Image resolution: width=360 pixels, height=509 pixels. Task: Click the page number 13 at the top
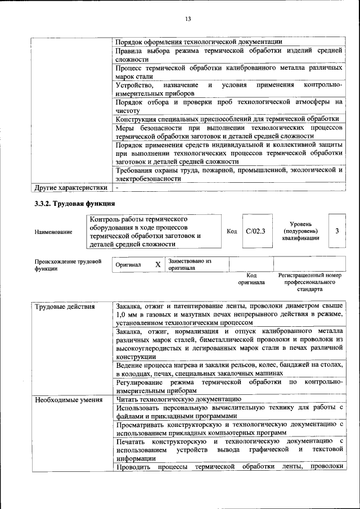pyautogui.click(x=188, y=19)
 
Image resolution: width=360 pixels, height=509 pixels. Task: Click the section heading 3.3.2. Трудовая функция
pyautogui.click(x=75, y=202)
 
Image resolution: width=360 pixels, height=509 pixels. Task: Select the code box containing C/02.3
pyautogui.click(x=255, y=231)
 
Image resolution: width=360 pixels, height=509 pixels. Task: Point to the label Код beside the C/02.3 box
pyautogui.click(x=232, y=231)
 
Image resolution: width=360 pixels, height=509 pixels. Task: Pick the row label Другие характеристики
pyautogui.click(x=70, y=187)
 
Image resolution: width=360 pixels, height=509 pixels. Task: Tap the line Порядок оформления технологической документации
pyautogui.click(x=199, y=42)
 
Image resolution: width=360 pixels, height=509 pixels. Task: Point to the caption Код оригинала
pyautogui.click(x=251, y=279)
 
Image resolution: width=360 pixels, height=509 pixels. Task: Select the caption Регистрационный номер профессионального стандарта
pyautogui.click(x=309, y=282)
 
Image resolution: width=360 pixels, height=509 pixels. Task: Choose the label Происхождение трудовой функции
pyautogui.click(x=68, y=265)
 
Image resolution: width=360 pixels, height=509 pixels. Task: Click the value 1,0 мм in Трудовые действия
pyautogui.click(x=128, y=315)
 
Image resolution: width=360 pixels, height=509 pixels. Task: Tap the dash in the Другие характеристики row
pyautogui.click(x=116, y=187)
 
